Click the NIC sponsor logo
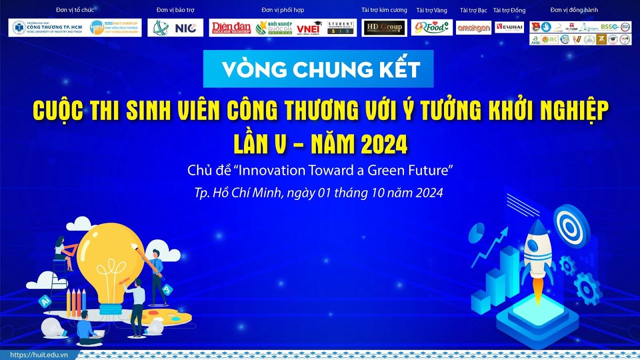(175, 28)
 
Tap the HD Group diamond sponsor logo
(384, 27)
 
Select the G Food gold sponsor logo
(431, 27)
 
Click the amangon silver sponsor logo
(473, 28)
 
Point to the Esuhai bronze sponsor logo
(509, 27)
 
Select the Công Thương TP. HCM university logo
(47, 28)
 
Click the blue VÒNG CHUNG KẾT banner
(318, 69)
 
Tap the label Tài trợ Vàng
(431, 10)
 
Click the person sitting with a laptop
(88, 327)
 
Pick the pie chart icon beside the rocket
(477, 232)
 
